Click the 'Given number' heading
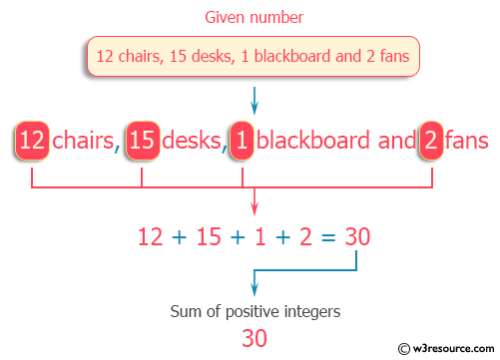254,17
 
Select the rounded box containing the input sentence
253,55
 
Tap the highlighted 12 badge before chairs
32,141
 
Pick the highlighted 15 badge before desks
142,141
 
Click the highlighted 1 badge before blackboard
241,141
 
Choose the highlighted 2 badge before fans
430,141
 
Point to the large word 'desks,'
192,141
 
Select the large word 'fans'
467,141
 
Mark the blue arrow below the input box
254,101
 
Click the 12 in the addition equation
149,237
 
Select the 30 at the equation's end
357,237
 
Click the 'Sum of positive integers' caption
254,311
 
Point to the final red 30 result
254,338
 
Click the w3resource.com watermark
446,348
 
